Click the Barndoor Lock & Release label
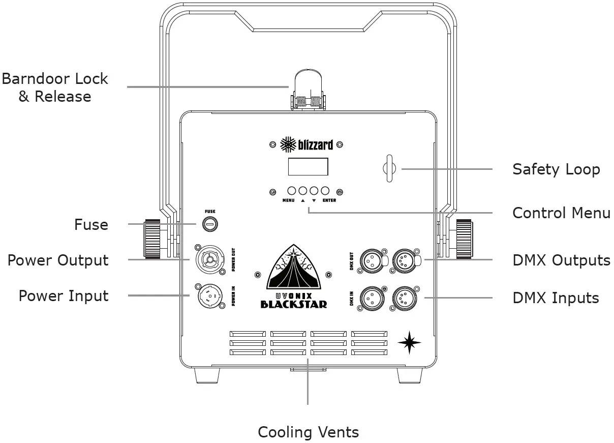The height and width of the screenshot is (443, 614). click(x=55, y=87)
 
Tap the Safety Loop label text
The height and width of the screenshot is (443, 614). click(x=556, y=169)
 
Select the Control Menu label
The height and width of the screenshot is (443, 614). click(x=561, y=213)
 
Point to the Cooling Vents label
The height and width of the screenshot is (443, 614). click(x=308, y=432)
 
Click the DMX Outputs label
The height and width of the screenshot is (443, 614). click(x=561, y=260)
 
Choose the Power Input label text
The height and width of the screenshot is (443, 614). click(x=64, y=296)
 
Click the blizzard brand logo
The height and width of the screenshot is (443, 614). click(x=307, y=145)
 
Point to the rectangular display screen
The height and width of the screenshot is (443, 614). click(x=308, y=166)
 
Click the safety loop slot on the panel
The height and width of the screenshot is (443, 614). click(x=389, y=168)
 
